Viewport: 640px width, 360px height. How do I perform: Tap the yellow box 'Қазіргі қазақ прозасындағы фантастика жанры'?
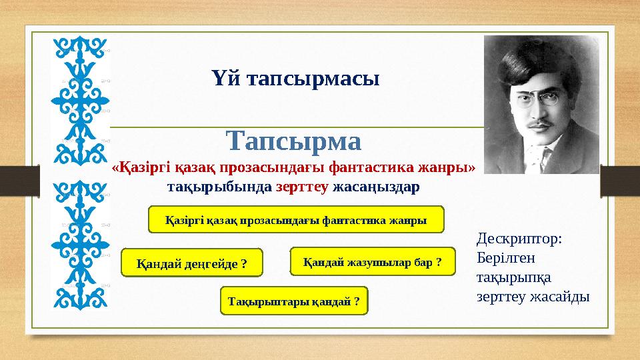pyautogui.click(x=295, y=219)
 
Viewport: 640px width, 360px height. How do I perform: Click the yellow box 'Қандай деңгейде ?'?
pyautogui.click(x=191, y=263)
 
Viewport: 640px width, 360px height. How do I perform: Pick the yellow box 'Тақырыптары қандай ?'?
pyautogui.click(x=293, y=301)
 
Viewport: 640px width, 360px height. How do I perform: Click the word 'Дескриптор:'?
pyautogui.click(x=520, y=239)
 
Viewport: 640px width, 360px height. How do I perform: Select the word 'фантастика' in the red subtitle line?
pyautogui.click(x=374, y=168)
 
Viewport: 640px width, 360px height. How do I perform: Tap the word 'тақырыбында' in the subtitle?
pyautogui.click(x=219, y=187)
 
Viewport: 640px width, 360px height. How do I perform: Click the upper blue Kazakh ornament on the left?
pyautogui.click(x=80, y=100)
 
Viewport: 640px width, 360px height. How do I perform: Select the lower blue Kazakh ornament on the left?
pyautogui.click(x=80, y=243)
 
